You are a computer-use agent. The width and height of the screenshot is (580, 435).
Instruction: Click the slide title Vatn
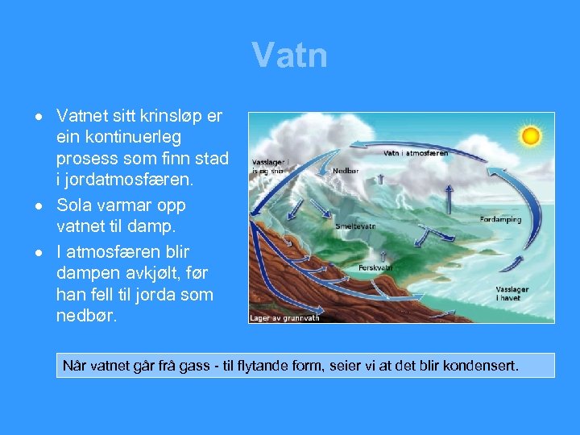[289, 56]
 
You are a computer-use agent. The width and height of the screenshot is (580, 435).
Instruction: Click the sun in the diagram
[530, 135]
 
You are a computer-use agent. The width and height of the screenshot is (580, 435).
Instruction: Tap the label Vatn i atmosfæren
[415, 152]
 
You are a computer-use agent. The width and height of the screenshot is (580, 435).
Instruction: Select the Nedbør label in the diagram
[346, 171]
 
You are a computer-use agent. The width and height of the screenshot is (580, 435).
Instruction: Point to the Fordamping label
[501, 219]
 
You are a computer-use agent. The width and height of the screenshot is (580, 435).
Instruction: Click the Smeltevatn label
[355, 226]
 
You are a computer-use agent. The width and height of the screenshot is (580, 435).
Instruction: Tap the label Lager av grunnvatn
[285, 317]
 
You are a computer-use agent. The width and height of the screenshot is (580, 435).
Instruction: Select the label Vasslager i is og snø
[269, 166]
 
